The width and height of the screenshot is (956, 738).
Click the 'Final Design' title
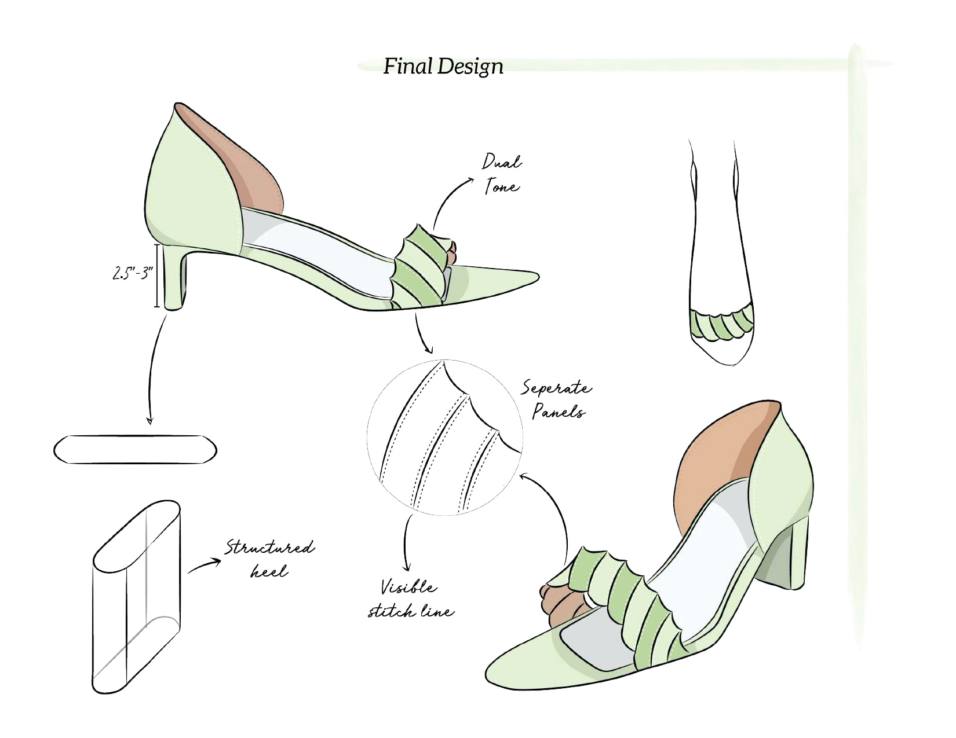click(443, 67)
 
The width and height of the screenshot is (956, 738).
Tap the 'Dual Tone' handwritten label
click(502, 174)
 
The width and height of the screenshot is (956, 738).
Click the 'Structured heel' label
click(269, 559)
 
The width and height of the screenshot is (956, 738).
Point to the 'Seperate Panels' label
click(557, 400)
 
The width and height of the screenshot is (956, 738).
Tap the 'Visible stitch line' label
click(410, 600)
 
